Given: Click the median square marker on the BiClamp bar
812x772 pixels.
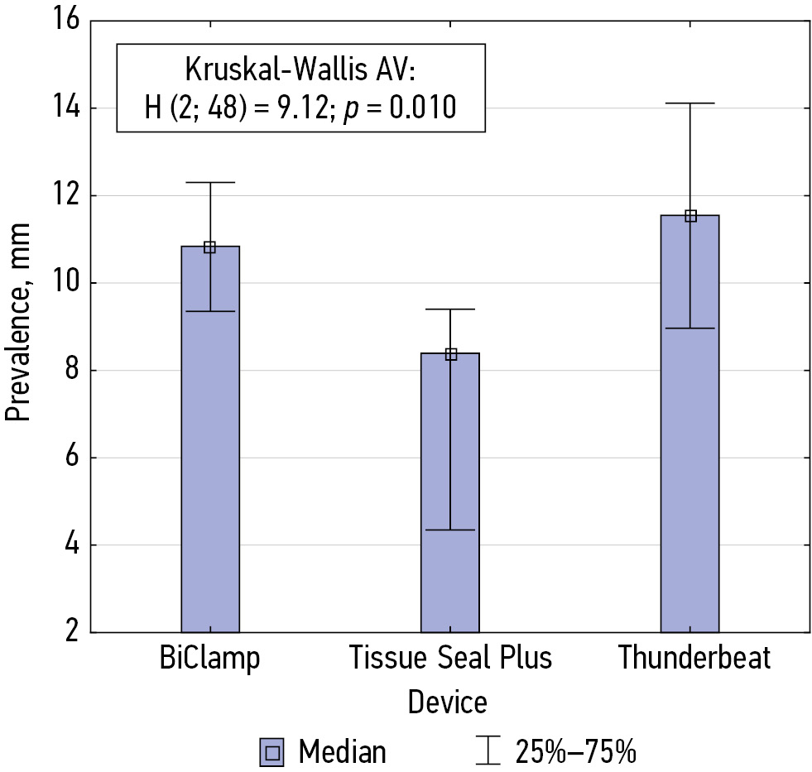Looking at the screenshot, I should click(x=210, y=247).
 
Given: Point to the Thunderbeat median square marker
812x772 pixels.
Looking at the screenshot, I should click(x=690, y=216).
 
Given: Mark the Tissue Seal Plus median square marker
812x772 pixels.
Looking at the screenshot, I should click(x=450, y=354).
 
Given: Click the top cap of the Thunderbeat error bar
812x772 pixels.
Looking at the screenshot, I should click(x=690, y=103).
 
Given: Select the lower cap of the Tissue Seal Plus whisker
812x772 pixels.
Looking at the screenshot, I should click(x=450, y=530).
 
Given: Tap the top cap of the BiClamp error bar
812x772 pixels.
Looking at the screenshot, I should click(x=210, y=182).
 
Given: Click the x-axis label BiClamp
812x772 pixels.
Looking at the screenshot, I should click(x=210, y=659).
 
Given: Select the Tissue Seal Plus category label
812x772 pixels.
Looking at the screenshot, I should click(x=450, y=659).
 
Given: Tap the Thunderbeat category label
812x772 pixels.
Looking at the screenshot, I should click(x=694, y=659).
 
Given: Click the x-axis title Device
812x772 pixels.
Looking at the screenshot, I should click(x=447, y=703).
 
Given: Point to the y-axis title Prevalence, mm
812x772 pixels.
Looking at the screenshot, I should click(x=18, y=323).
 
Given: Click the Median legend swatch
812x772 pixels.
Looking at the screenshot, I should click(x=271, y=751).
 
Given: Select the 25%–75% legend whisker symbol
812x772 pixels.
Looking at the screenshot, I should click(x=490, y=751).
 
